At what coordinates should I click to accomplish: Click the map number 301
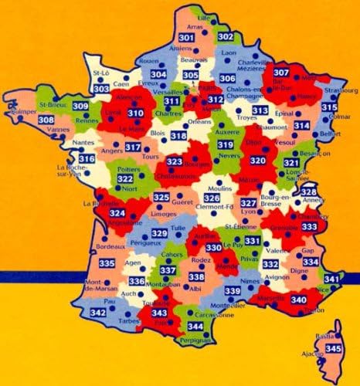[x=185, y=38]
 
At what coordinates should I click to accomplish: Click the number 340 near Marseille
[x=276, y=300]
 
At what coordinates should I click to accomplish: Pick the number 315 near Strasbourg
[x=329, y=107]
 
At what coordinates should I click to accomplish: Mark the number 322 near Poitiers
[x=124, y=178]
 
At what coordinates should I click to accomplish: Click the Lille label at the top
[x=205, y=16]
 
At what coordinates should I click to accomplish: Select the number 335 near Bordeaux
[x=107, y=265]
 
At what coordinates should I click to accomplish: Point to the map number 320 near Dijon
[x=258, y=160]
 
